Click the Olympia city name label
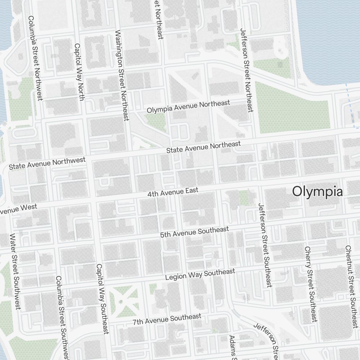317,192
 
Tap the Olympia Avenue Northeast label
188,107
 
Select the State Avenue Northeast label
203,147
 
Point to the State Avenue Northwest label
47,163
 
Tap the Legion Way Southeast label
200,274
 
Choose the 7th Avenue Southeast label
167,319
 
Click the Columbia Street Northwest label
35,58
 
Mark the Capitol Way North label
79,72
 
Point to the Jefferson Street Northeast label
247,70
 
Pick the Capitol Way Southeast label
102,299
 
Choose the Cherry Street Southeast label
311,284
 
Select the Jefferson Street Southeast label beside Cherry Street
265,245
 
